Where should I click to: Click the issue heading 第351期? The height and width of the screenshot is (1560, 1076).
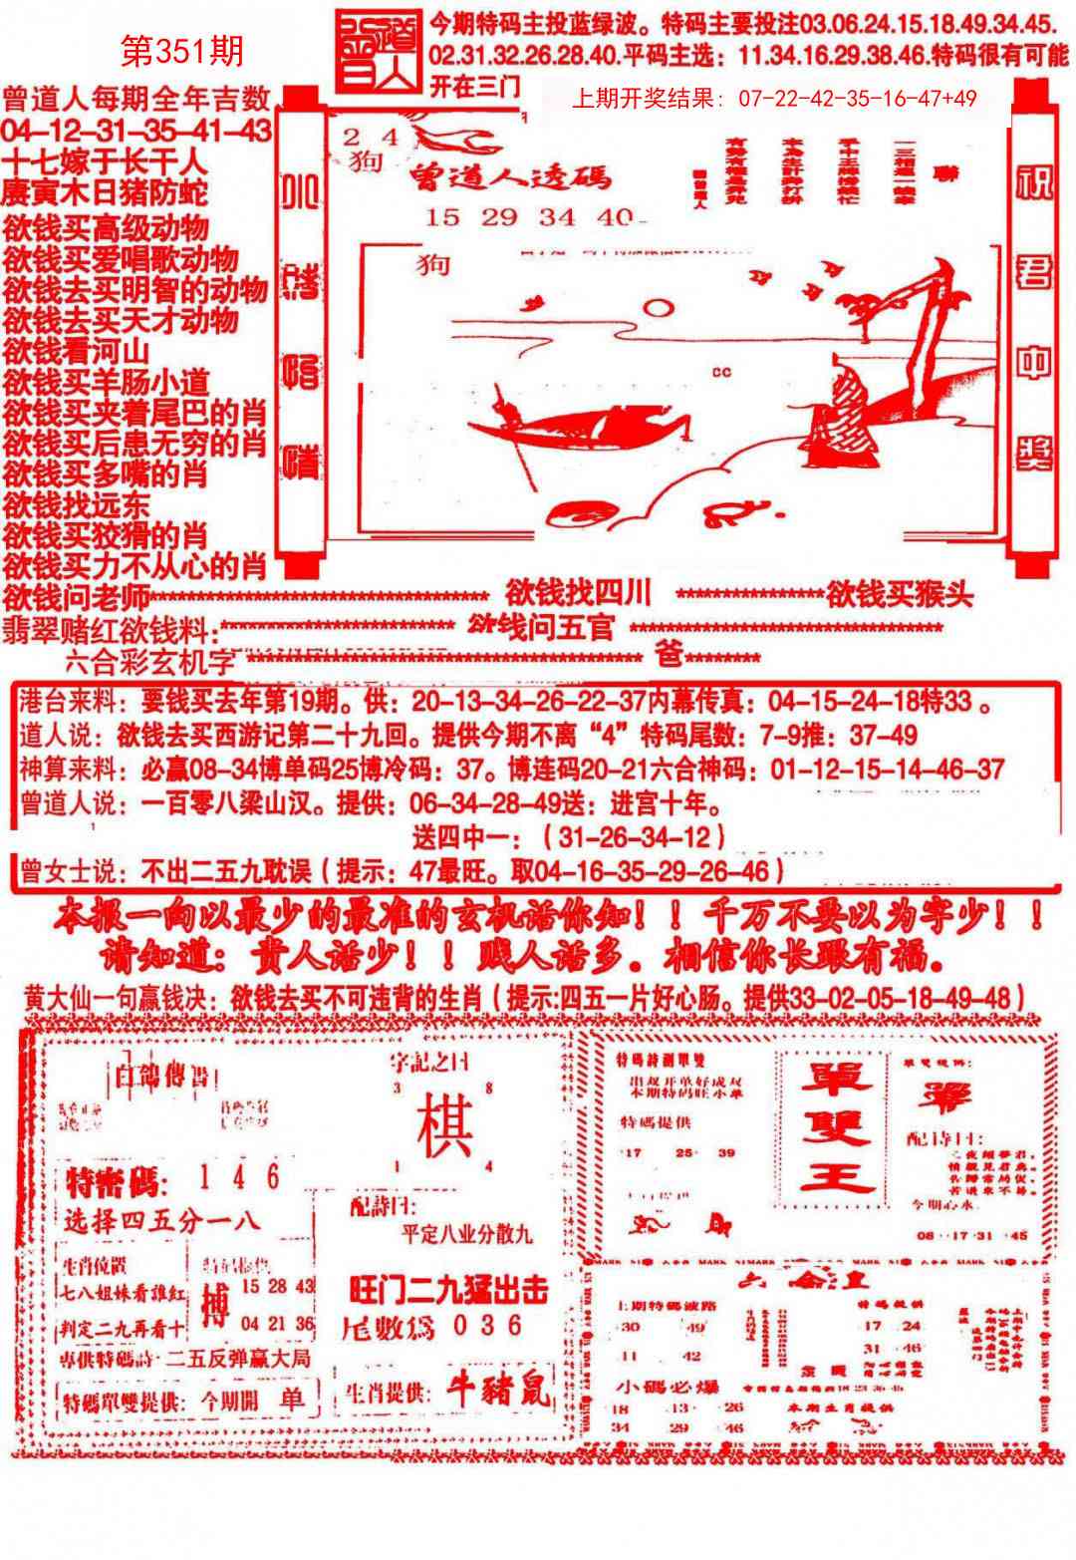pyautogui.click(x=181, y=51)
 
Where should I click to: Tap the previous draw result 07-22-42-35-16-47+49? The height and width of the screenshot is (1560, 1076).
pyautogui.click(x=774, y=99)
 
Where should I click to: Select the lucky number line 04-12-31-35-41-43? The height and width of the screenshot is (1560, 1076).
pyautogui.click(x=136, y=131)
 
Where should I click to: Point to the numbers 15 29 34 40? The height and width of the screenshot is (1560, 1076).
pyautogui.click(x=528, y=217)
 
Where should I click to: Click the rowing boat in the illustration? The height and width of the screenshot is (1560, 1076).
pyautogui.click(x=578, y=424)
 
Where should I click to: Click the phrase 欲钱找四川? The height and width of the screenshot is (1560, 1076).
pyautogui.click(x=578, y=594)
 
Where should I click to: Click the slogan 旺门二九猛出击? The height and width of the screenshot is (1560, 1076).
pyautogui.click(x=448, y=1290)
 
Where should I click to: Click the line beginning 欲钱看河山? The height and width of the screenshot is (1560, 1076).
pyautogui.click(x=76, y=351)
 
